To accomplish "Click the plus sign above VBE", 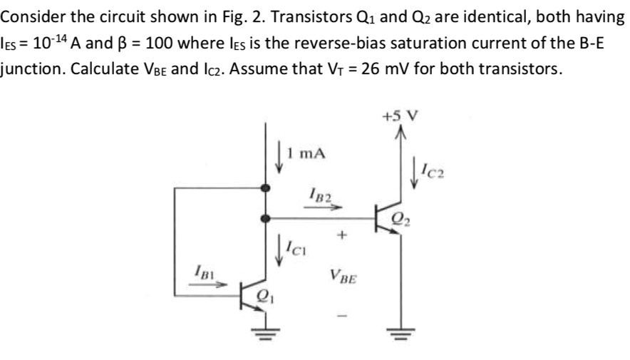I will (x=342, y=233).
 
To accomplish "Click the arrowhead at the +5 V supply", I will (x=399, y=131).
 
